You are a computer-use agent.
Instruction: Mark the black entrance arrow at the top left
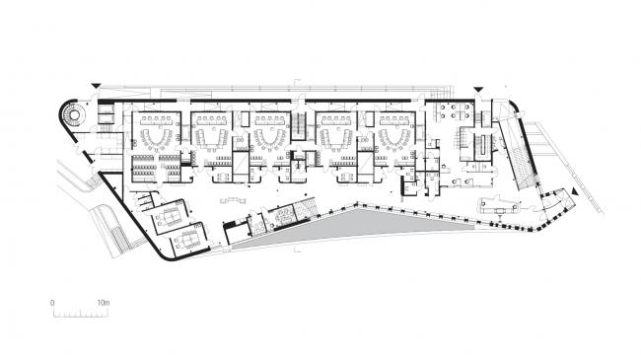pos(96,87)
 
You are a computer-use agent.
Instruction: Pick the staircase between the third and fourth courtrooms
pos(298,126)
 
